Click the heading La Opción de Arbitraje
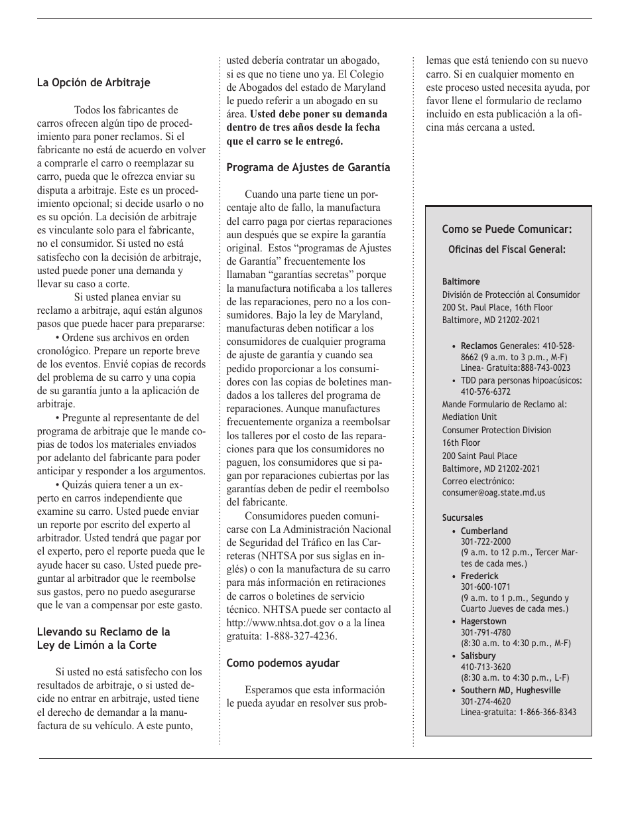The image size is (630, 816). click(x=94, y=83)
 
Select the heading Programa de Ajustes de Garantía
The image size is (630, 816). click(x=308, y=168)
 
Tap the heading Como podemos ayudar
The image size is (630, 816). click(x=283, y=662)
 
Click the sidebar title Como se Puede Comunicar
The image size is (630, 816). click(x=507, y=230)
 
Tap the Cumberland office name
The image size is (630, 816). click(x=484, y=531)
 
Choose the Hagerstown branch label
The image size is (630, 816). click(x=483, y=622)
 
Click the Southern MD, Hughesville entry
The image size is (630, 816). click(x=511, y=690)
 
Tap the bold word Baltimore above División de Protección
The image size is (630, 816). click(x=461, y=282)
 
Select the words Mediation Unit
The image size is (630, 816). click(x=470, y=417)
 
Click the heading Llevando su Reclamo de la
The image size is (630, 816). click(x=103, y=632)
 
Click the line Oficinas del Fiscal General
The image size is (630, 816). click(x=507, y=250)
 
